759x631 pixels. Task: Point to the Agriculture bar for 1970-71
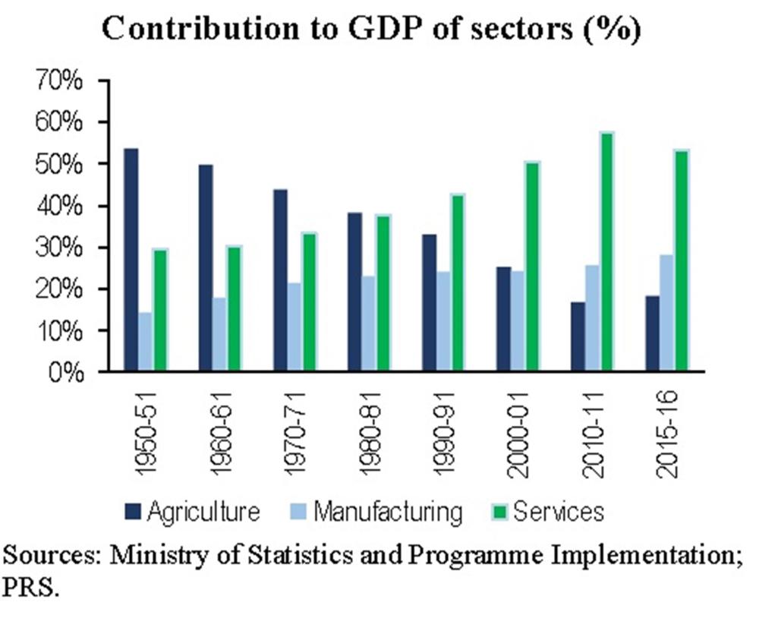280,280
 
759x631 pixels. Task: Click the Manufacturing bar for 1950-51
144,342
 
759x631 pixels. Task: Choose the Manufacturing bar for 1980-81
368,323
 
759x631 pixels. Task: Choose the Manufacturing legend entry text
387,511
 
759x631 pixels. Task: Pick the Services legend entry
559,511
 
